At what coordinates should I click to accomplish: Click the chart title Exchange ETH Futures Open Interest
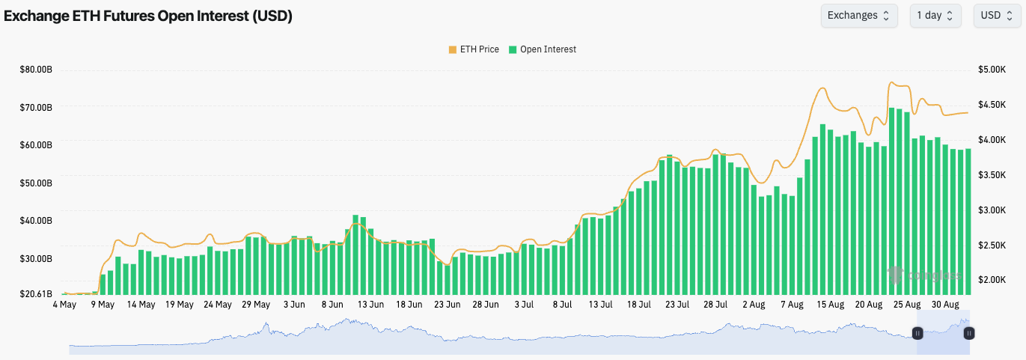[x=148, y=16]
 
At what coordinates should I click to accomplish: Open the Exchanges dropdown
[x=858, y=16]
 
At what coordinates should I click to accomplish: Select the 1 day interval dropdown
[x=935, y=16]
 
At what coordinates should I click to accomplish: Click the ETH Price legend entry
[x=473, y=49]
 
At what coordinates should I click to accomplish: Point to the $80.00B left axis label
[x=36, y=70]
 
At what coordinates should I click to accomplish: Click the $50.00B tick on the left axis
[x=36, y=183]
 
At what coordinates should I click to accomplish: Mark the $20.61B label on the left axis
[x=36, y=294]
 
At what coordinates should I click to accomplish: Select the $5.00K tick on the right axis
[x=992, y=70]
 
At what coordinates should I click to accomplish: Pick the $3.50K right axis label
[x=992, y=174]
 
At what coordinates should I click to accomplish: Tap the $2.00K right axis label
[x=992, y=279]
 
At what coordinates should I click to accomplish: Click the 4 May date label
[x=64, y=305]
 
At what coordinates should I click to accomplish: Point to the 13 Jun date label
[x=371, y=305]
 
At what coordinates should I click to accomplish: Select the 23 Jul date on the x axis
[x=677, y=305]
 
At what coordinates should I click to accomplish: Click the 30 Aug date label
[x=946, y=305]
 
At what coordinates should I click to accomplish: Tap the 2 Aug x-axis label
[x=754, y=305]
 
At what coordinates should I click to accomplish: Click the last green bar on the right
[x=968, y=221]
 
